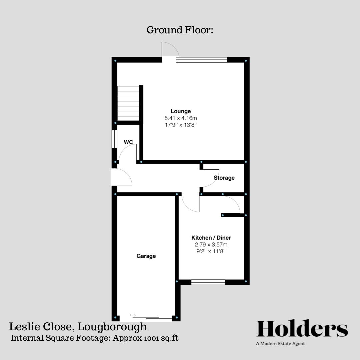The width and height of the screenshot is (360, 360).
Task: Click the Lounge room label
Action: coord(181,111)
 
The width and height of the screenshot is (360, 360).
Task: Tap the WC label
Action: coord(128,142)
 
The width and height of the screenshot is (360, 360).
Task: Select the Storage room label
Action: coord(224,178)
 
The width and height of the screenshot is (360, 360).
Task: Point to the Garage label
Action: coord(146,256)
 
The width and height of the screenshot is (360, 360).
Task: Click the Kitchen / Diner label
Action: coord(211,238)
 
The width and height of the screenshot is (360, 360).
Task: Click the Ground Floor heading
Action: coord(180,30)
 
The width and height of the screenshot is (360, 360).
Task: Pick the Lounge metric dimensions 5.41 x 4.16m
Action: coord(181,118)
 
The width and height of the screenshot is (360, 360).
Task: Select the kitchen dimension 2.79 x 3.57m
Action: coord(211,244)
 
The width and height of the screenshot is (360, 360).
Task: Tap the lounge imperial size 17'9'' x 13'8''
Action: coord(181,125)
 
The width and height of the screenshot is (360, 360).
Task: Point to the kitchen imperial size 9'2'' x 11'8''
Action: coord(211,251)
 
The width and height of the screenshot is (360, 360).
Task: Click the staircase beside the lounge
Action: coord(128,103)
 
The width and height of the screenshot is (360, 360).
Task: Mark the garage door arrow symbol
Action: coord(133,315)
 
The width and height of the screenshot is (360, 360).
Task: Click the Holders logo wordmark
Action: coord(302,329)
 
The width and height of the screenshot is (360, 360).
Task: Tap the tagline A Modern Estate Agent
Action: coord(280,344)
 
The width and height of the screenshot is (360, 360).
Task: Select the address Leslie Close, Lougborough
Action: coord(78,326)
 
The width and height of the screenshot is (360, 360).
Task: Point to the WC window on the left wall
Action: coord(114,139)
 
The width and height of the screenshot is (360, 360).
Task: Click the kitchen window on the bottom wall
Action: coord(208,283)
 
